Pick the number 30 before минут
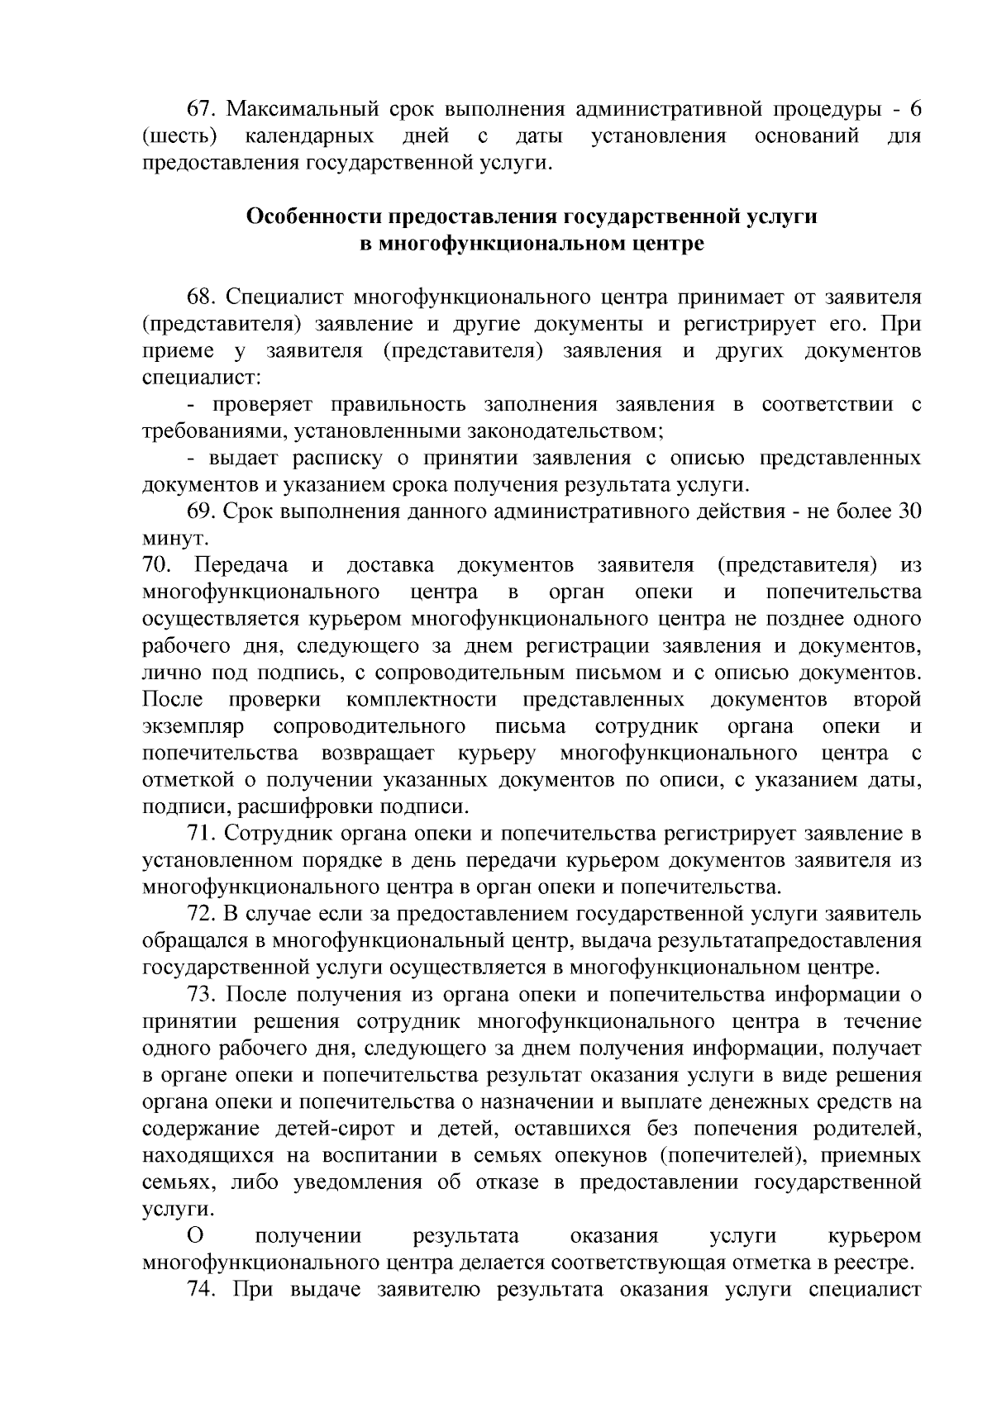[909, 512]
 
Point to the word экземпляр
[193, 726]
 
